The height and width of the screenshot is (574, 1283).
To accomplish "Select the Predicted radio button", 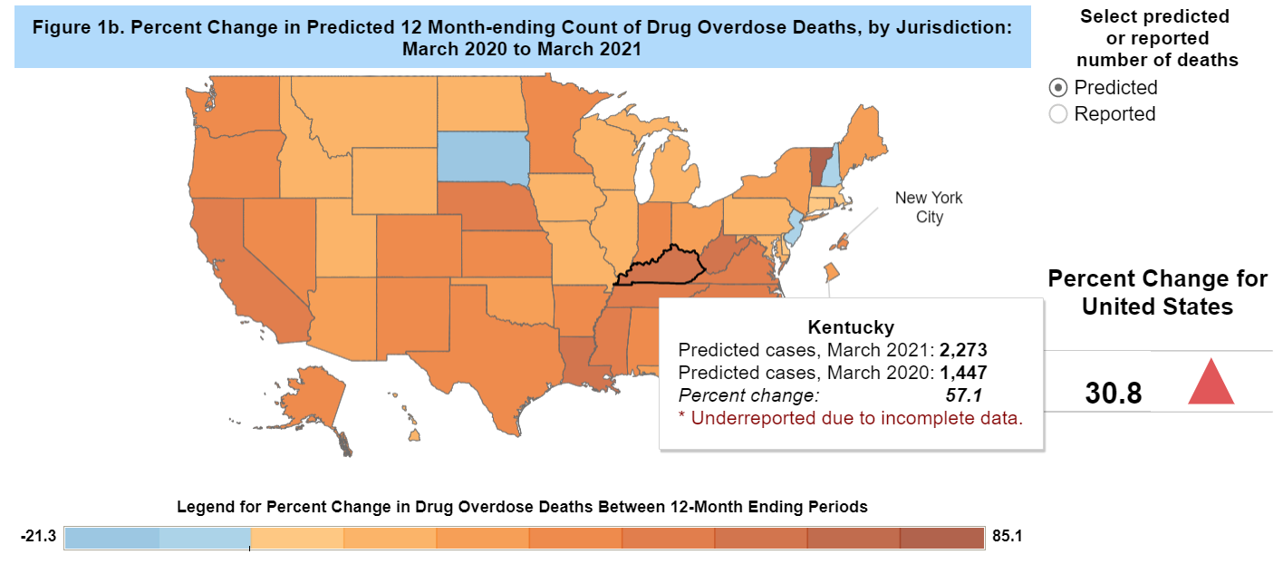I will [1057, 88].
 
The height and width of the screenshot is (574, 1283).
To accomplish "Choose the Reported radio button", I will [1057, 114].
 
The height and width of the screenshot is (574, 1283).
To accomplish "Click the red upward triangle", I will [1211, 381].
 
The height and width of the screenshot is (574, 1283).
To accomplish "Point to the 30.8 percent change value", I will [1113, 394].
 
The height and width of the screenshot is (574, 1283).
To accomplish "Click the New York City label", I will [929, 207].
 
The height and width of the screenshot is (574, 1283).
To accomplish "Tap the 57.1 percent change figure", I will [964, 395].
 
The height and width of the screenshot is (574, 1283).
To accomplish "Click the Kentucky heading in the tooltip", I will [850, 327].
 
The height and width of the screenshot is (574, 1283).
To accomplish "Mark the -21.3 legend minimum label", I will [39, 537].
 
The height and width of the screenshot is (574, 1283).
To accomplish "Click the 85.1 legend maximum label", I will [1007, 537].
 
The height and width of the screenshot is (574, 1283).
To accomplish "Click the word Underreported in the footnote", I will [743, 418].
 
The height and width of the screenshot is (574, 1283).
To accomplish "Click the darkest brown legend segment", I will [941, 537].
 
